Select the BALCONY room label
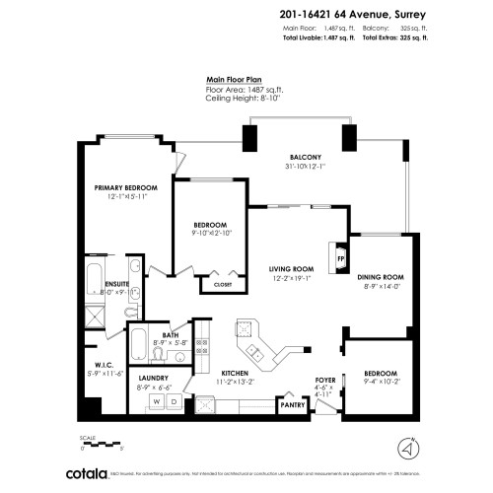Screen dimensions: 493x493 [305, 158]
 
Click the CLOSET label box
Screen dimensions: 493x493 [217, 286]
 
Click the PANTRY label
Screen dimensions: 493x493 [292, 403]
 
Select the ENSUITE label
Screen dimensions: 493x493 [117, 284]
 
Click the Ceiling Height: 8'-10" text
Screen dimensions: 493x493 [242, 97]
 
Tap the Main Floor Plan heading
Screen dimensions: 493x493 [234, 80]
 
